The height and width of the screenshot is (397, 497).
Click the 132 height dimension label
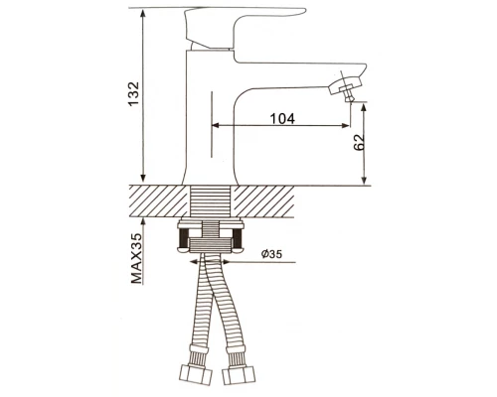pos(134,94)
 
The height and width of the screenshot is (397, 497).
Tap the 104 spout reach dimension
pos(282,118)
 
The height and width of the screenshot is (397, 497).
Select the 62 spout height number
pos(359,142)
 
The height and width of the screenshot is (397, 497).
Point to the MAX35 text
pos(136,258)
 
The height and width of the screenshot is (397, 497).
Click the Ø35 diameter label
pos(271,254)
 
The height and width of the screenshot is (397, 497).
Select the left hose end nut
pos(196,375)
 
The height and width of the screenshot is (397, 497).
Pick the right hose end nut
pos(240,375)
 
